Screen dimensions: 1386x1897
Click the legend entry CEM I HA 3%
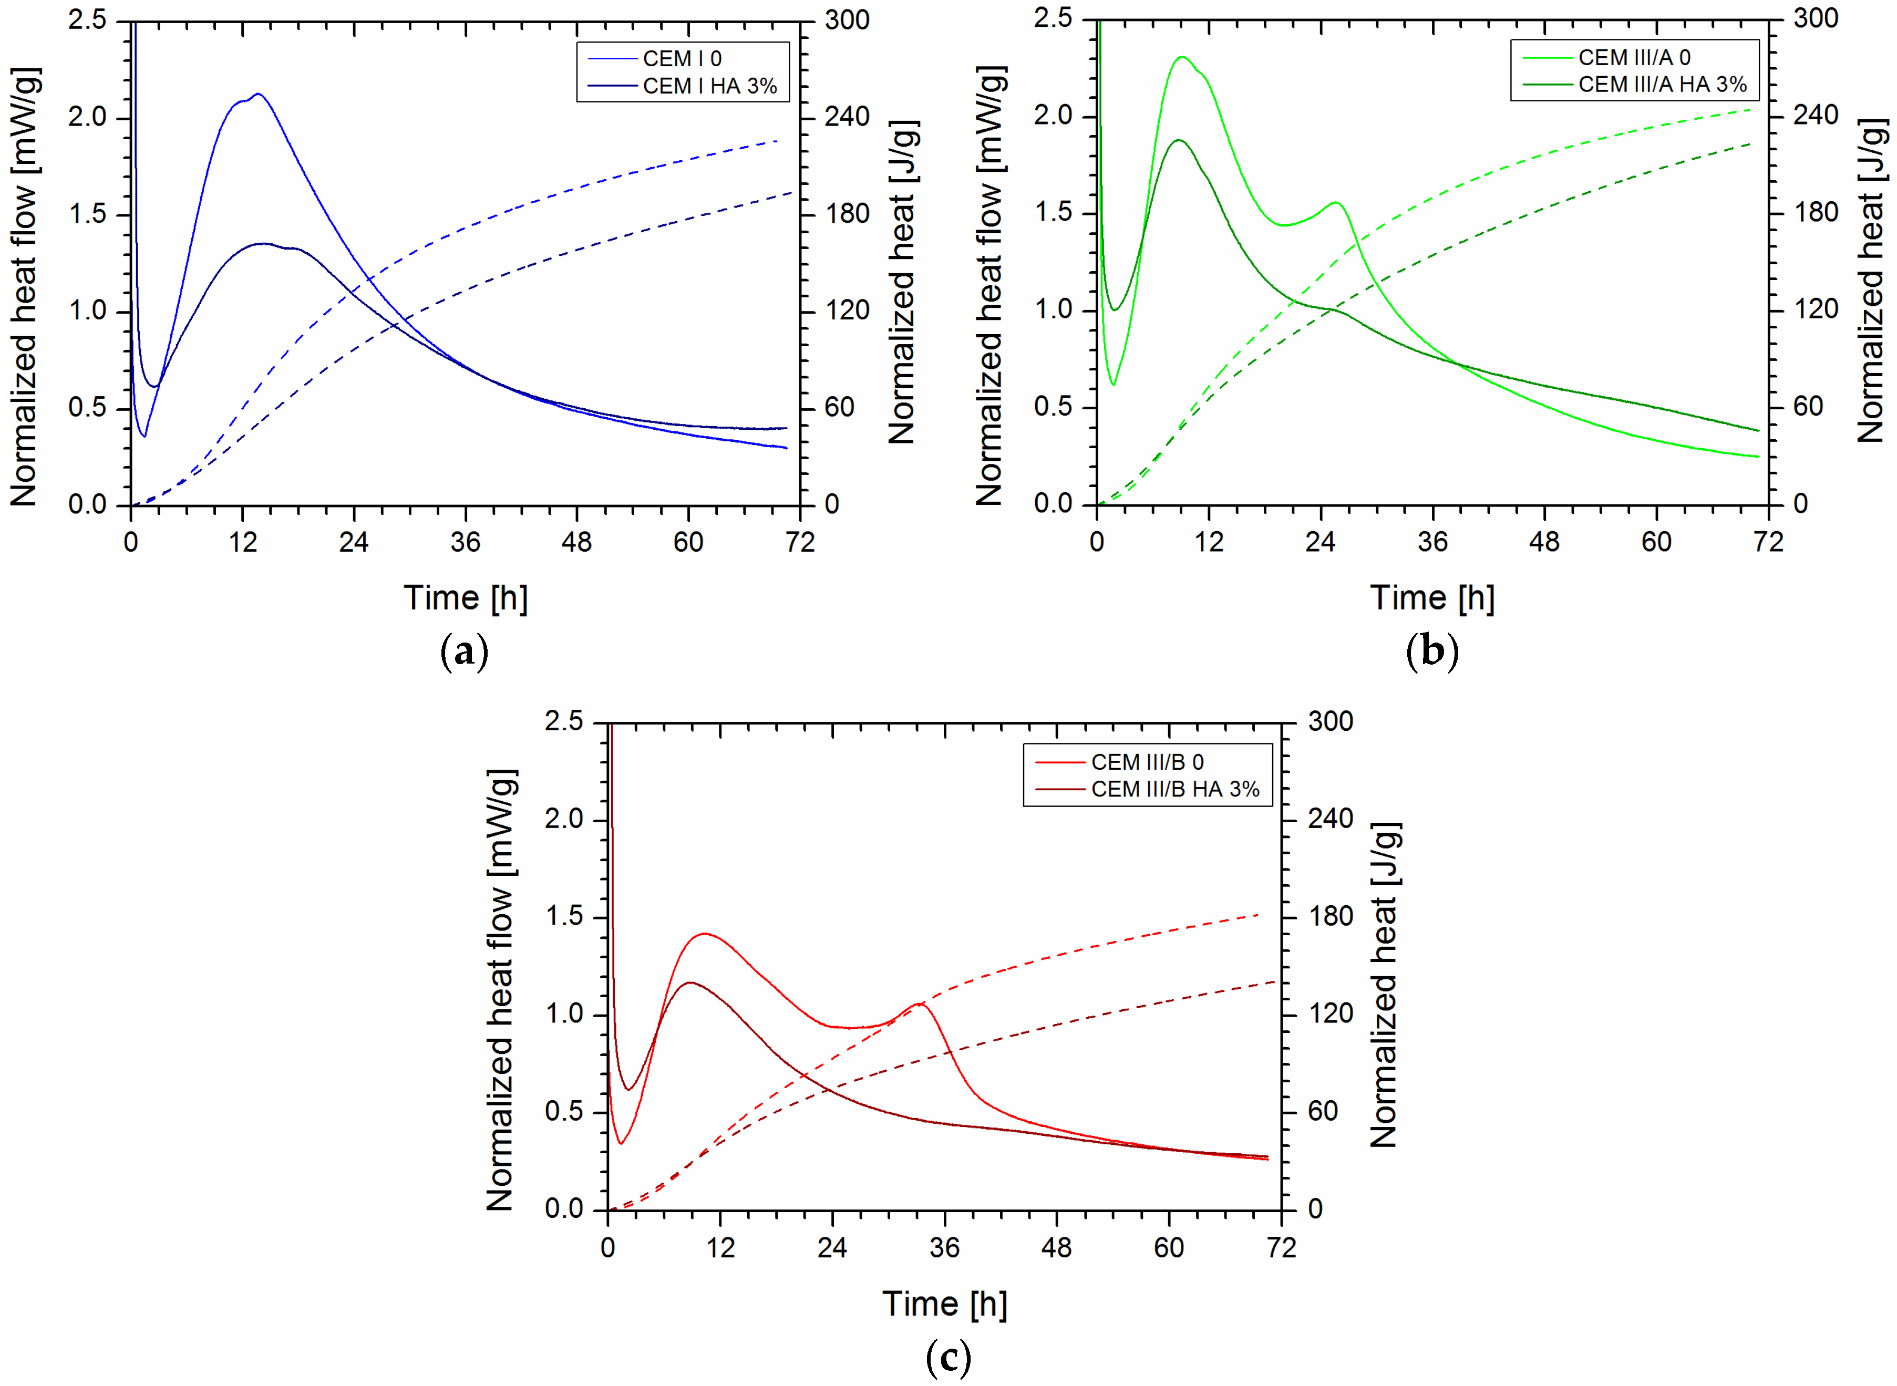(709, 86)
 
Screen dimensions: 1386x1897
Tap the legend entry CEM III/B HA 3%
(1174, 790)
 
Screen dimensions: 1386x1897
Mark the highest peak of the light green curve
(1183, 58)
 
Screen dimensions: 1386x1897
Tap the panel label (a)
(464, 652)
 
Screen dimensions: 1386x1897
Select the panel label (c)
(948, 1357)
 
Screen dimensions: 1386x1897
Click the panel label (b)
(1432, 652)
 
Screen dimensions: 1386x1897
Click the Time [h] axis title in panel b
(1432, 598)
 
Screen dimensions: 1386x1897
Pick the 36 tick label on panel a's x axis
(466, 543)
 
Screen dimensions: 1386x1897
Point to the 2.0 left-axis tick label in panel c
(564, 819)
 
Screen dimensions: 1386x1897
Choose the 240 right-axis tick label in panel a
(847, 117)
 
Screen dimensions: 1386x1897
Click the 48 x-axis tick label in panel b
(1544, 543)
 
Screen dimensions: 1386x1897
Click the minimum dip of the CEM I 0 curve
(145, 436)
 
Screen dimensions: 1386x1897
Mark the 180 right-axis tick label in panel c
(1331, 916)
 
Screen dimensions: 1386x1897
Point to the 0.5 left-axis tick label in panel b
(1053, 407)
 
